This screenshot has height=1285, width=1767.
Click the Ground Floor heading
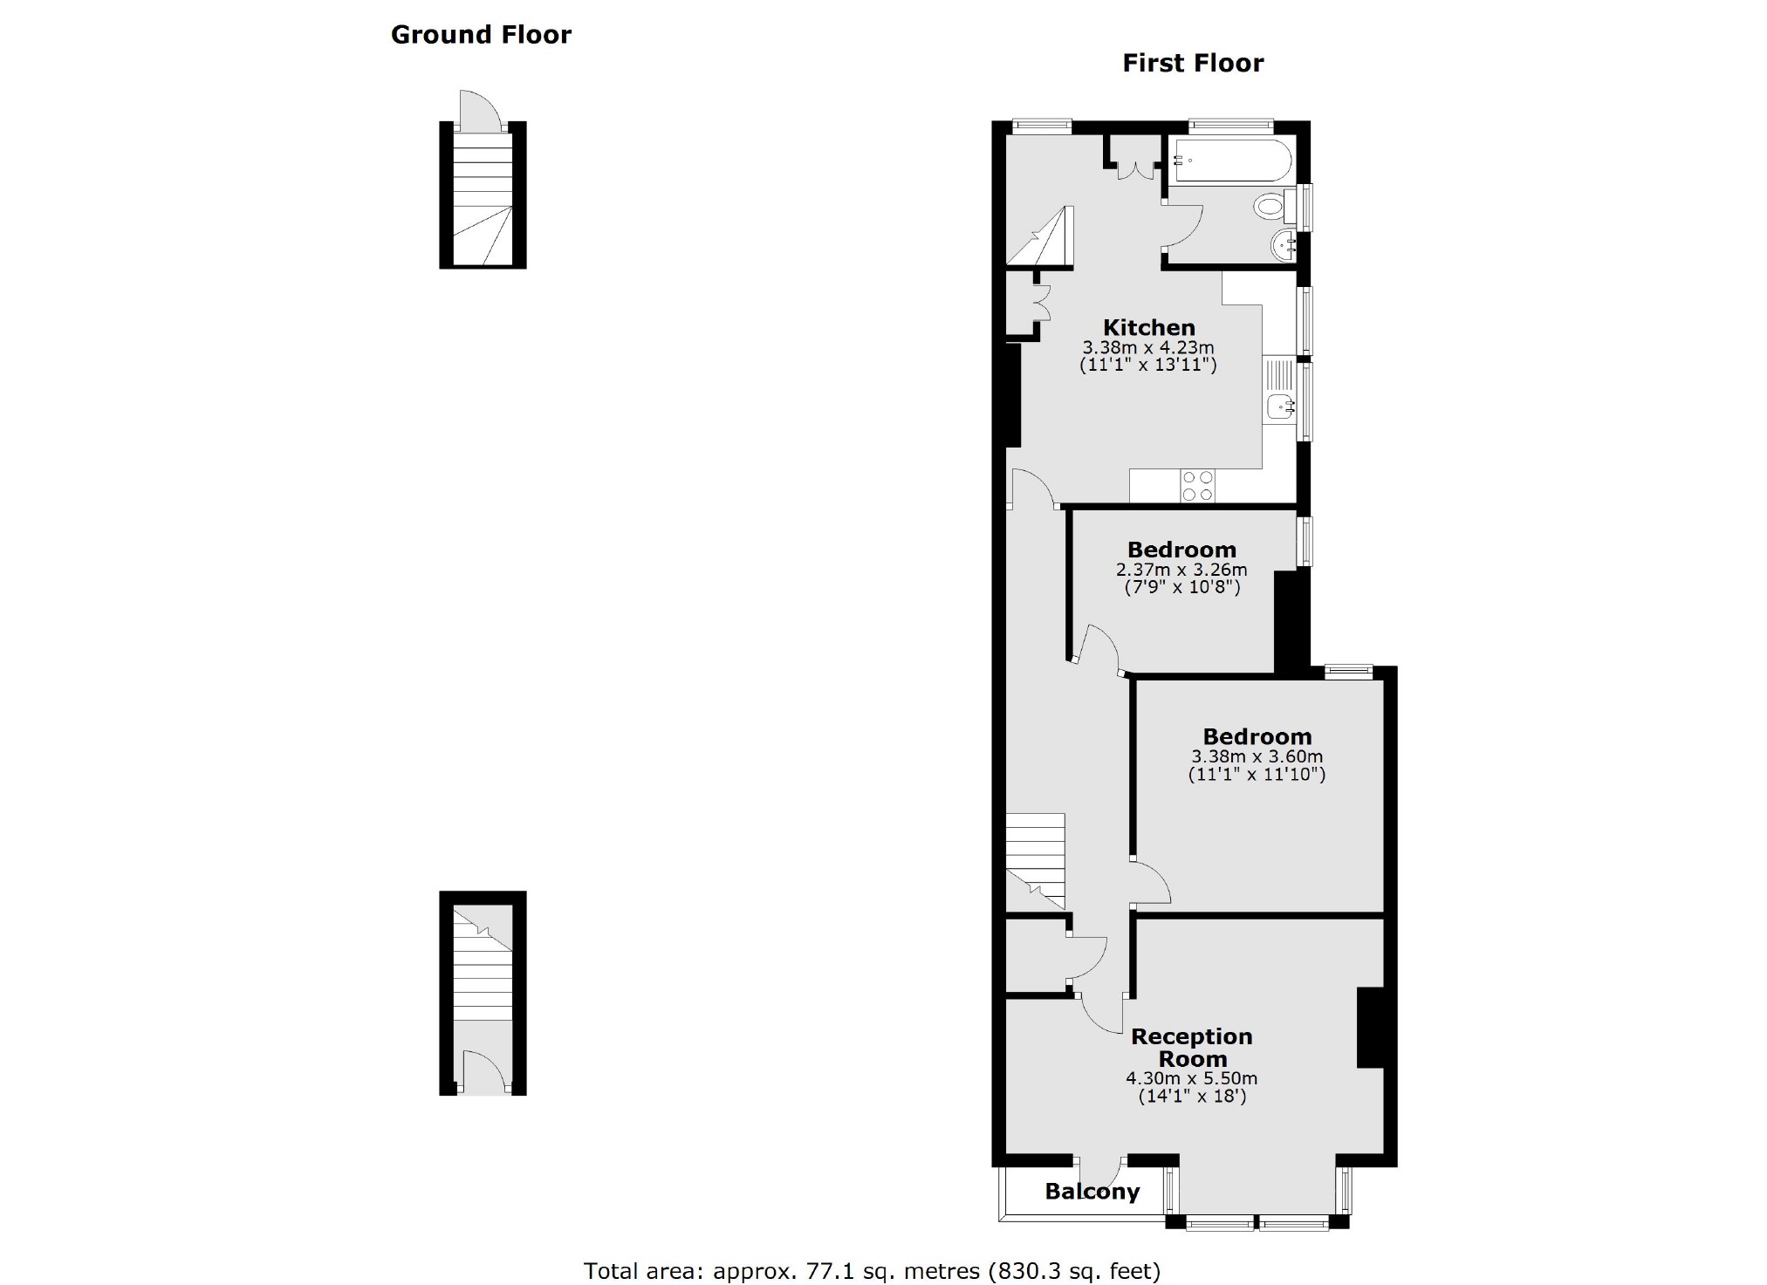click(x=481, y=35)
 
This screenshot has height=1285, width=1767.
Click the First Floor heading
click(x=1192, y=64)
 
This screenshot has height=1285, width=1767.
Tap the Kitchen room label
click(x=1148, y=328)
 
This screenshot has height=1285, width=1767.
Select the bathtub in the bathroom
click(x=1231, y=161)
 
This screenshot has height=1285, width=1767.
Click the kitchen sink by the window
click(x=1280, y=406)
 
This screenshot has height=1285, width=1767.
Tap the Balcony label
click(x=1092, y=1192)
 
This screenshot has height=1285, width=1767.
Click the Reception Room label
click(x=1192, y=1048)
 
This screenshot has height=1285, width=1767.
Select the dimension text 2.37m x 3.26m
click(x=1181, y=570)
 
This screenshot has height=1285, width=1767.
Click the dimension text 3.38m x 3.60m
click(x=1257, y=756)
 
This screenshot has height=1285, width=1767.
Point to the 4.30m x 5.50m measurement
click(x=1192, y=1078)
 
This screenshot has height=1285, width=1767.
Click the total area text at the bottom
click(x=872, y=1270)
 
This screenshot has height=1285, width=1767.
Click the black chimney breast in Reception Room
click(x=1371, y=1028)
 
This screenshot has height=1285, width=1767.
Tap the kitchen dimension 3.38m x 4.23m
click(x=1148, y=348)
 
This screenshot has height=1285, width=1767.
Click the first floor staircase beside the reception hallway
click(x=1036, y=859)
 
